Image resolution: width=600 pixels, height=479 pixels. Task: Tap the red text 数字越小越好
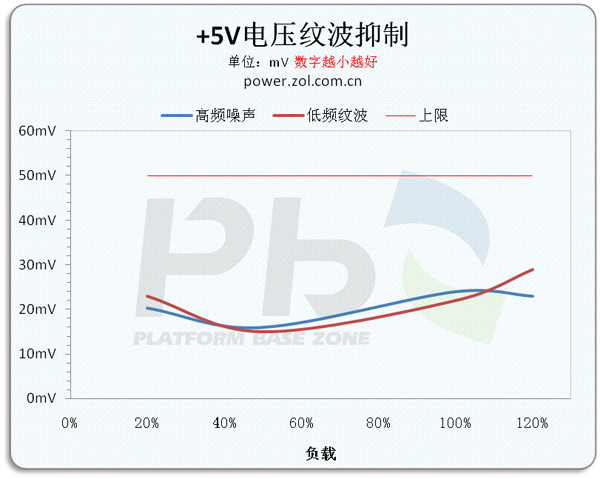[335, 61]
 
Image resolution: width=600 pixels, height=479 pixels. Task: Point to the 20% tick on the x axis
[147, 423]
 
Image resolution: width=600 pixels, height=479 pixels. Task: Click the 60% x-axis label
[301, 423]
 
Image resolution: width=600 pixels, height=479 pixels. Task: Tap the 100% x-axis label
[455, 423]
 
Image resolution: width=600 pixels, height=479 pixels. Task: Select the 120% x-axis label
[532, 423]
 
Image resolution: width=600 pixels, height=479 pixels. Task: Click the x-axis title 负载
[321, 454]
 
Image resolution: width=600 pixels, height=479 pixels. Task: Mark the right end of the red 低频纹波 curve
[533, 269]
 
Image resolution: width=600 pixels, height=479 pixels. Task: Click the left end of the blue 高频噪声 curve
[148, 308]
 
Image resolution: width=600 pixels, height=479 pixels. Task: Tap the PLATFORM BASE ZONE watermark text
[252, 339]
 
